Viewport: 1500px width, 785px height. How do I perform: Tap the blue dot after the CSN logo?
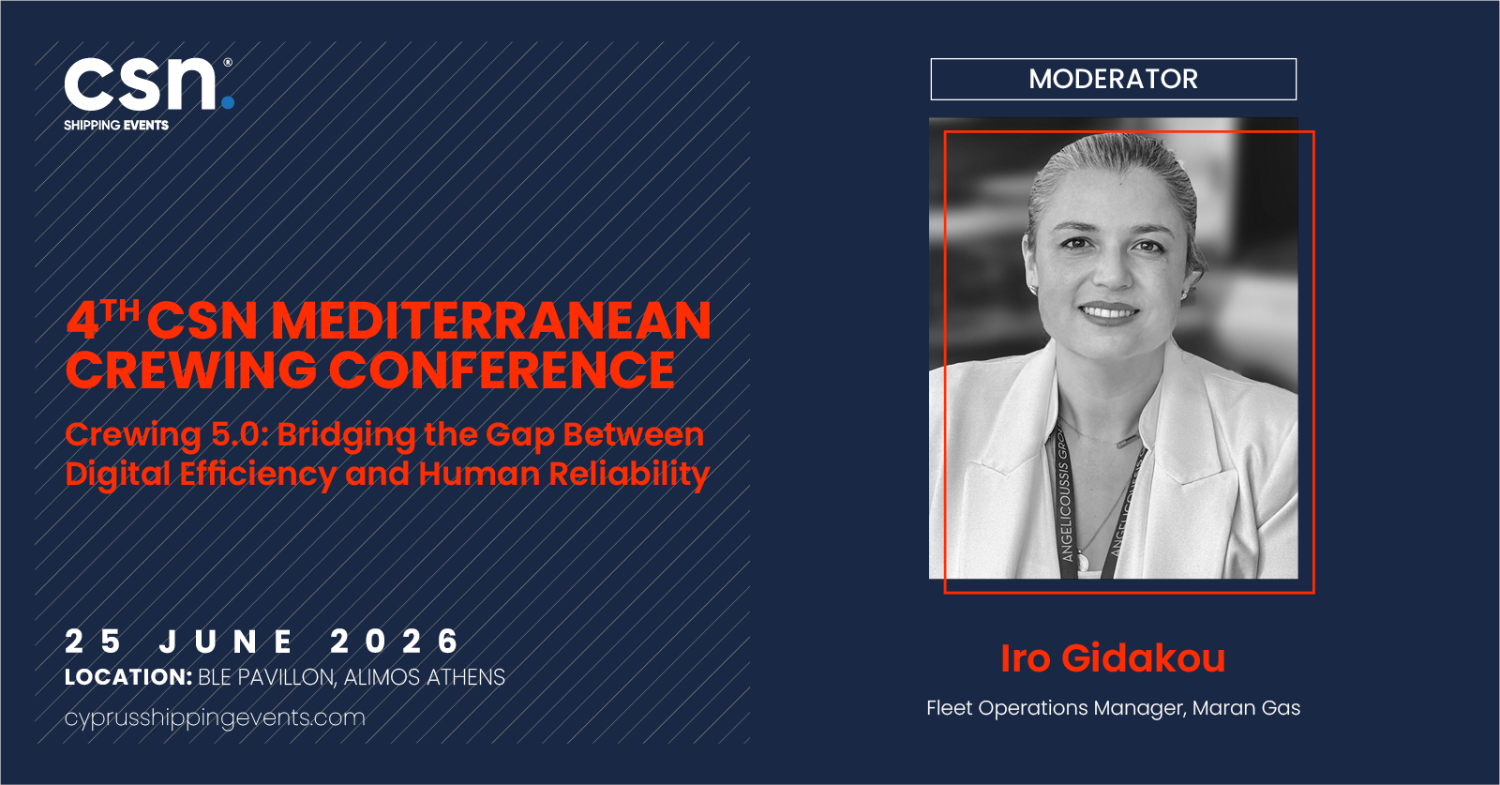(228, 102)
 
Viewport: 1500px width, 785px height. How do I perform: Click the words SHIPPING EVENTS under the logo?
(116, 126)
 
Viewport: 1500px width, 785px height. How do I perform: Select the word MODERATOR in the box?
(1113, 79)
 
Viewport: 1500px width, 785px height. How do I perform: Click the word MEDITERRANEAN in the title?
(491, 321)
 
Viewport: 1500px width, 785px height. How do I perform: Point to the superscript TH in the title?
(121, 310)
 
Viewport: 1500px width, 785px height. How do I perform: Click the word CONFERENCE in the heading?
(502, 370)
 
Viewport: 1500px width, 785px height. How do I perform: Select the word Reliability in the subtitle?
(629, 475)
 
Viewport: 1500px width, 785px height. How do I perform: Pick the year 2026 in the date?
(395, 641)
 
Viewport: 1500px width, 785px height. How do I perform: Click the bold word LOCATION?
(128, 677)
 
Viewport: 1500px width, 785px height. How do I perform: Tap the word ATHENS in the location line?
(466, 677)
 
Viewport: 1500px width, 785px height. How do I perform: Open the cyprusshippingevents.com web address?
(215, 717)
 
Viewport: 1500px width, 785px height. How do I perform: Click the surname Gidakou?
(1144, 657)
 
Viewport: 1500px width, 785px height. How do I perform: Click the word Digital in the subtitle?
(118, 475)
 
